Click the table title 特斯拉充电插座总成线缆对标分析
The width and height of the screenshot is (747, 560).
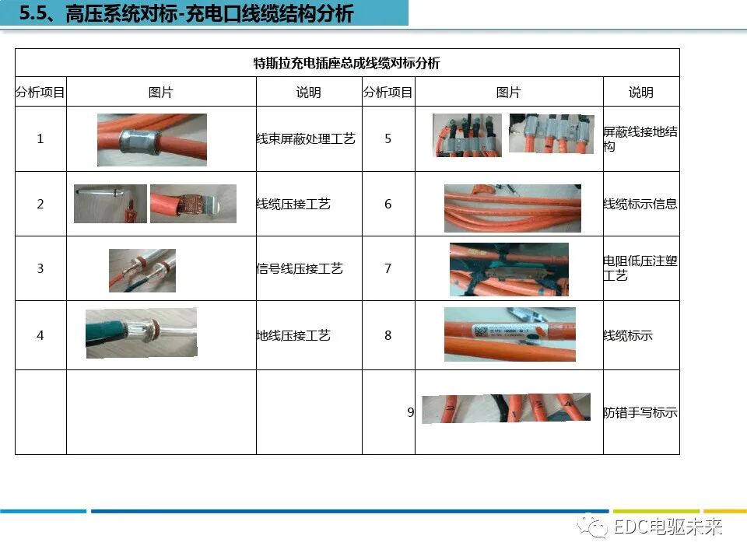347,63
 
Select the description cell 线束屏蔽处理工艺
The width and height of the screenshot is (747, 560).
306,138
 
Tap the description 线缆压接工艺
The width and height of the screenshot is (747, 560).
293,204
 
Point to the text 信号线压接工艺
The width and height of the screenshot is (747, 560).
300,268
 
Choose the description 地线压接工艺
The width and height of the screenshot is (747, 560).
293,335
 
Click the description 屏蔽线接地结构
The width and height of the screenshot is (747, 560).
640,138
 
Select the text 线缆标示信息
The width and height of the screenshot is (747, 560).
640,204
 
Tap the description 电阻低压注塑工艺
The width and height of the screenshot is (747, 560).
640,268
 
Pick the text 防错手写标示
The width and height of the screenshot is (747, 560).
640,412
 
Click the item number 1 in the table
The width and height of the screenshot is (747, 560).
40,138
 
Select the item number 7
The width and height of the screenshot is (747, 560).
388,268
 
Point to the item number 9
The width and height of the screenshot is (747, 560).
410,412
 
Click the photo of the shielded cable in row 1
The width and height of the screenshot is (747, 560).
152,140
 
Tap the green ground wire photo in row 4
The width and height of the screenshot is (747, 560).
141,333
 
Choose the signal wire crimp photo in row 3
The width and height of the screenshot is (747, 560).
142,270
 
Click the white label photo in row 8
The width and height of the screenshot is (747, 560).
510,334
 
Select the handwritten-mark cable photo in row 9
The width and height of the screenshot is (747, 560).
506,408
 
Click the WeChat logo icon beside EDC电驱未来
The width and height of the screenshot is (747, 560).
597,528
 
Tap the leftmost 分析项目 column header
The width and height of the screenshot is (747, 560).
40,93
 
